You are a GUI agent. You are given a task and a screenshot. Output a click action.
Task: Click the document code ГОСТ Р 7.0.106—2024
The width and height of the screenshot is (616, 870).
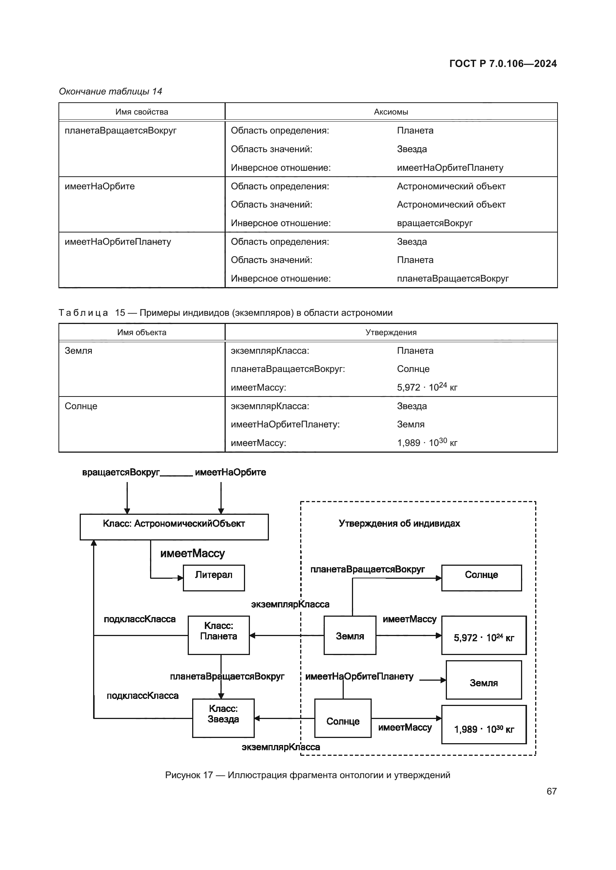(x=502, y=64)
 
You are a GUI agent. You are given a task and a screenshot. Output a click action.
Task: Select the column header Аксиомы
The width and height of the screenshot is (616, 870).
(x=391, y=112)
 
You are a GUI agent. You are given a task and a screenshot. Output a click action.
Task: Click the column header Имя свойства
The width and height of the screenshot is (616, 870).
(x=142, y=112)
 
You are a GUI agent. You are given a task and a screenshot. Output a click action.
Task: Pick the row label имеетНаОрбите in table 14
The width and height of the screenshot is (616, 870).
(x=100, y=186)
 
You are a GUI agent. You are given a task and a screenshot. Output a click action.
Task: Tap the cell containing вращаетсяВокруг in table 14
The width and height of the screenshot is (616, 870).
(x=434, y=223)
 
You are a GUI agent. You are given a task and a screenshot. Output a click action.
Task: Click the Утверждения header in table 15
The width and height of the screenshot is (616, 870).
(x=391, y=332)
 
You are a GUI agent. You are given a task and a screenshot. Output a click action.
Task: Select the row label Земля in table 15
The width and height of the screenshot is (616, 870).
(x=79, y=351)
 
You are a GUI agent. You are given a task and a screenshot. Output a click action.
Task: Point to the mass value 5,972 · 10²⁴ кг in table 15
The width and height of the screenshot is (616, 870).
(x=427, y=387)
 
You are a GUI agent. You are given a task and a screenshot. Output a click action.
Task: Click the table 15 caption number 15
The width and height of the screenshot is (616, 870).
(x=120, y=313)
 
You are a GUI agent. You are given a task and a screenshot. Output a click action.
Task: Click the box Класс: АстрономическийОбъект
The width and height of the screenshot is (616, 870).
(x=174, y=526)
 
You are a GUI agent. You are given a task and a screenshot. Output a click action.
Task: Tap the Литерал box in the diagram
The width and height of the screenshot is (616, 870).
(x=213, y=578)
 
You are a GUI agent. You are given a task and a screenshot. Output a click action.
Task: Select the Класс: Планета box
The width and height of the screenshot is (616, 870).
(x=219, y=635)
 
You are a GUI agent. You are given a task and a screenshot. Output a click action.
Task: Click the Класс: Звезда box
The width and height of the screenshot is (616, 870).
(x=223, y=717)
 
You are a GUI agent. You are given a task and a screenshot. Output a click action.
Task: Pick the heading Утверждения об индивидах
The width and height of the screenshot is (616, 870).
(x=399, y=524)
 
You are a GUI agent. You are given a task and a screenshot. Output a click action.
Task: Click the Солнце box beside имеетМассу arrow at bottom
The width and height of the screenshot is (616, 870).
(x=343, y=718)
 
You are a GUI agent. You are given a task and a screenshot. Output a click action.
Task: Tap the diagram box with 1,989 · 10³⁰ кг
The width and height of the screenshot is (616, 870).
(x=484, y=724)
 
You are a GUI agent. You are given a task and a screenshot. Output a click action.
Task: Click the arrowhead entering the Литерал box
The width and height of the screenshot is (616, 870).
(x=181, y=578)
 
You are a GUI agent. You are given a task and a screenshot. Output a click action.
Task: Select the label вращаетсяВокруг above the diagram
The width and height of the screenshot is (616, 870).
(x=121, y=472)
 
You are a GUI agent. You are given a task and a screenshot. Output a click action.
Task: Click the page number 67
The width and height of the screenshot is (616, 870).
(x=551, y=791)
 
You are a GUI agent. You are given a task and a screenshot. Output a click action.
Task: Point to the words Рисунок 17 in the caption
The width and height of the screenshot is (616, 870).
(x=188, y=775)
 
